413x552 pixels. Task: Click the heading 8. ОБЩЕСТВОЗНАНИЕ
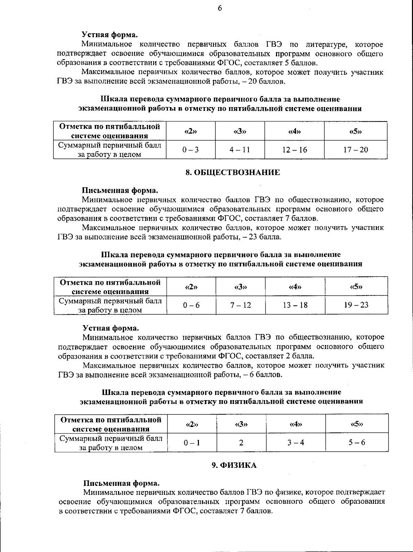tap(233, 173)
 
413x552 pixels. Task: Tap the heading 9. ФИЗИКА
tap(234, 466)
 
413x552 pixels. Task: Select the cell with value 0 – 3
tap(191, 150)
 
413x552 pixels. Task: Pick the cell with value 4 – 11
tap(240, 150)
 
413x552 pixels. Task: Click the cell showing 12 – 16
tap(294, 150)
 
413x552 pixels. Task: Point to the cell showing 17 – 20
tap(356, 150)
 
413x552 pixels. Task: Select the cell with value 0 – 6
tap(191, 305)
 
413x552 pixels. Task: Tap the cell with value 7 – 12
tap(241, 305)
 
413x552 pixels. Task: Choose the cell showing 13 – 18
tap(295, 305)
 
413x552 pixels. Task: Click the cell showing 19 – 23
tap(356, 305)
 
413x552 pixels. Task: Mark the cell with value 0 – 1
tap(192, 442)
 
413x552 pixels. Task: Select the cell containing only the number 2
tap(241, 442)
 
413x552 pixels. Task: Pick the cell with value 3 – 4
tap(296, 442)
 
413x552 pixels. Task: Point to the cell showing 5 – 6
tap(357, 442)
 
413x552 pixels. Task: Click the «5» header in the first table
tap(356, 131)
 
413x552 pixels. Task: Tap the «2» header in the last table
tap(192, 424)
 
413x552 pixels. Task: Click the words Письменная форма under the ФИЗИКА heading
tap(122, 483)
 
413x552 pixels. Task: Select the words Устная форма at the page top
tap(110, 34)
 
